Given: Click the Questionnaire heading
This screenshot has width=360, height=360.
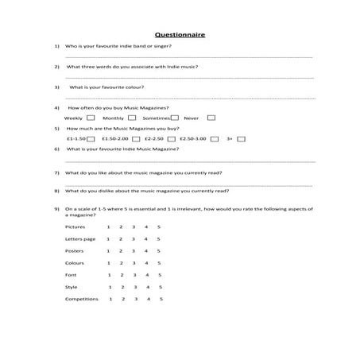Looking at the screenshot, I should [180, 35].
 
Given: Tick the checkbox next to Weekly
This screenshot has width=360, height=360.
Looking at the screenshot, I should [91, 118].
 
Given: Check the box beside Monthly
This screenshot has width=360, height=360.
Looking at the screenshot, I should [131, 118].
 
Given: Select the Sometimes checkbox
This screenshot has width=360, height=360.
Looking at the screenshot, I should [175, 118].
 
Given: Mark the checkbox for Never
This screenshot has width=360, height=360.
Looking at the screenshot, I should [211, 118].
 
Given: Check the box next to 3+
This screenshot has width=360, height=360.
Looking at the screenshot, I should [242, 138].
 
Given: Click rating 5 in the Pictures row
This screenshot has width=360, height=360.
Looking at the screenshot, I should [159, 227].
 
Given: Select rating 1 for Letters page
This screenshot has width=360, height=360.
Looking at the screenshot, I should [108, 239].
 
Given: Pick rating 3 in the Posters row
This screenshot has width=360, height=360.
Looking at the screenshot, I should [134, 251].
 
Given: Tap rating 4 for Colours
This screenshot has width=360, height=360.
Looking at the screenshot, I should [146, 263].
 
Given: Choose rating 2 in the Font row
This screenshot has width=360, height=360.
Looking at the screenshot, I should [121, 275].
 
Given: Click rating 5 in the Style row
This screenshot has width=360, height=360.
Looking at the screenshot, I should [161, 287].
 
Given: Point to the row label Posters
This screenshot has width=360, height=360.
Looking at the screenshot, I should [74, 251].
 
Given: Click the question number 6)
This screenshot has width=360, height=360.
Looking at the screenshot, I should [57, 149].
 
